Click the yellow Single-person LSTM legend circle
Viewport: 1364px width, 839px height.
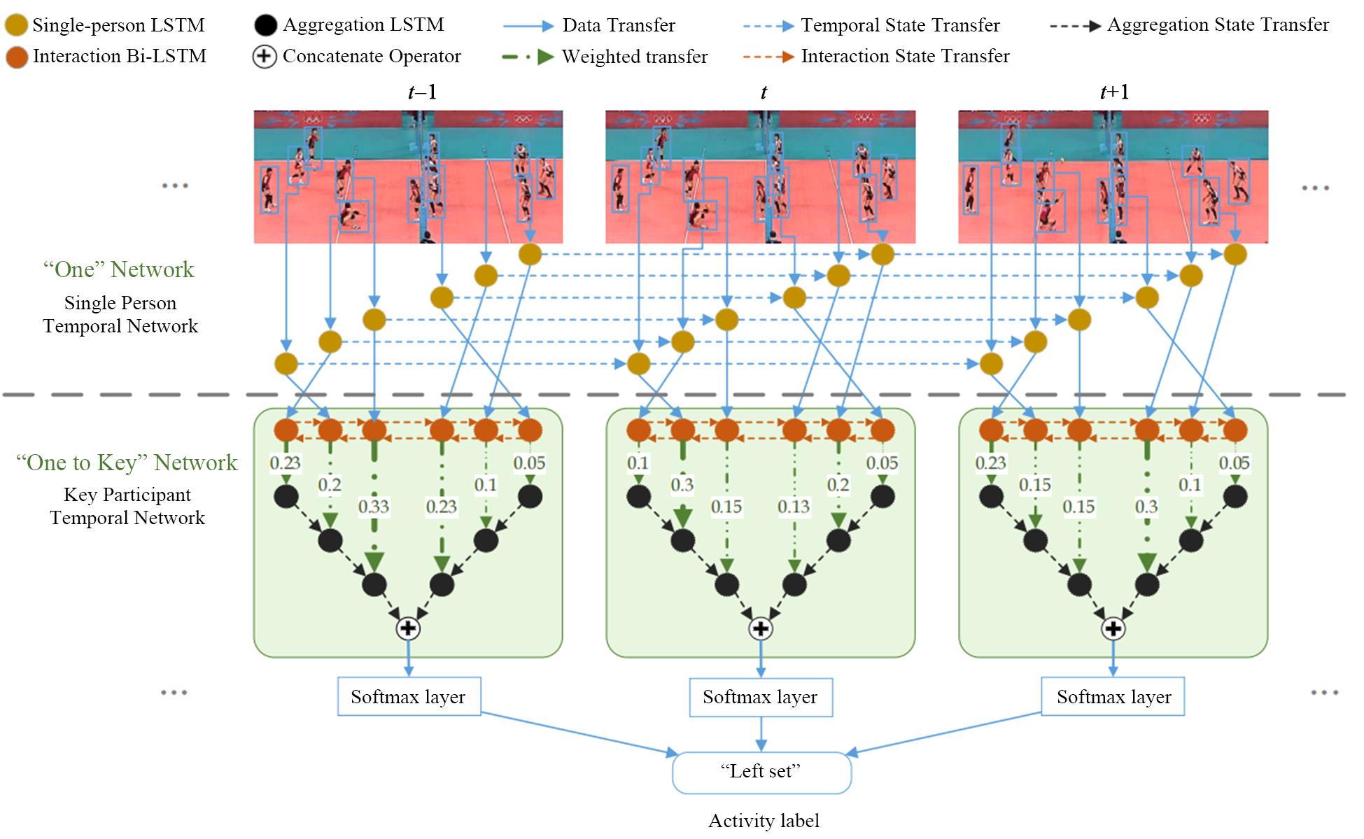(x=17, y=26)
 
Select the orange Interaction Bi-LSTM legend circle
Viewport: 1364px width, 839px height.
(x=17, y=57)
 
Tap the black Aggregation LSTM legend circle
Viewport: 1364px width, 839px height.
(x=265, y=26)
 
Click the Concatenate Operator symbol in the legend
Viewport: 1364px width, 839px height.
(x=264, y=57)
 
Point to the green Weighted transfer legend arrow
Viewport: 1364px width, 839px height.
(x=528, y=57)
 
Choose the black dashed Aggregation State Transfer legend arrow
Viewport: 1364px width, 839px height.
(x=1075, y=27)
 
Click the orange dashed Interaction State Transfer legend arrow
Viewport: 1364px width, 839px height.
(x=768, y=57)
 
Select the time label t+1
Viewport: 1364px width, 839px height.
(x=1114, y=92)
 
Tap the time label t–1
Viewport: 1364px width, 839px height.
(x=422, y=92)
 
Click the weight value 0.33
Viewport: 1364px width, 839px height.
(x=373, y=506)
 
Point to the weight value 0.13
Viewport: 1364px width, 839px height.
(x=793, y=506)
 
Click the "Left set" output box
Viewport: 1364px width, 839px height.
(x=761, y=773)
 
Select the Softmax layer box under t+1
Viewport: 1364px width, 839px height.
(x=1113, y=696)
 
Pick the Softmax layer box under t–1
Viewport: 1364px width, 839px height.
(x=409, y=696)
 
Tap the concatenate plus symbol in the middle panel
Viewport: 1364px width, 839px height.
(x=761, y=628)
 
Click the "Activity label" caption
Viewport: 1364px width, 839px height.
(x=764, y=821)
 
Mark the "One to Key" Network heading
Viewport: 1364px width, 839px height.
(x=127, y=463)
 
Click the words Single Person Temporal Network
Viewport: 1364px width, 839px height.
(x=120, y=314)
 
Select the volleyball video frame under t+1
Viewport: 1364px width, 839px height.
(x=1113, y=176)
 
